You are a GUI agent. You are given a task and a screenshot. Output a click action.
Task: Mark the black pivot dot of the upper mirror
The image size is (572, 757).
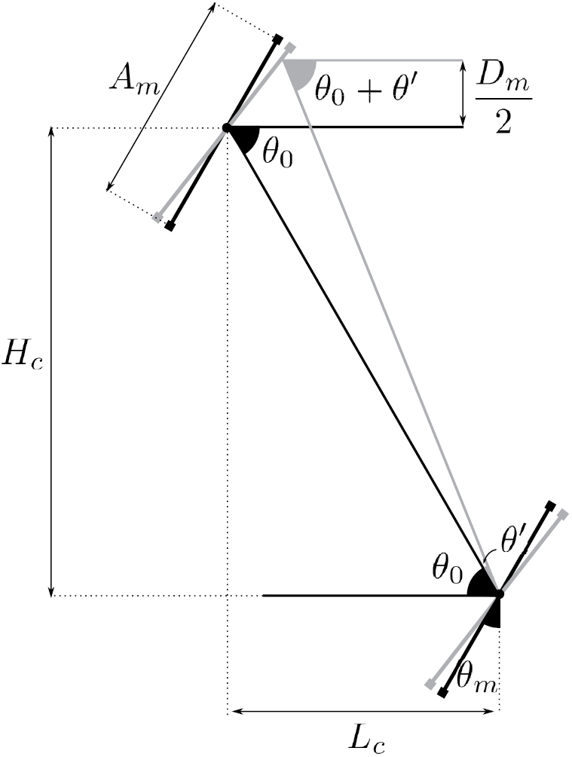pos(226,128)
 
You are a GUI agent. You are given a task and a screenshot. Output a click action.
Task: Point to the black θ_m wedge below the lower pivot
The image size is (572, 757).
pos(492,615)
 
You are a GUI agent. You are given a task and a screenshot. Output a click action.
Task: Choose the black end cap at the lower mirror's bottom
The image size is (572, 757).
pos(443,691)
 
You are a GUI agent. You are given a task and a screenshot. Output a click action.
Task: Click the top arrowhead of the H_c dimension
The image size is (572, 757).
pos(51,133)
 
